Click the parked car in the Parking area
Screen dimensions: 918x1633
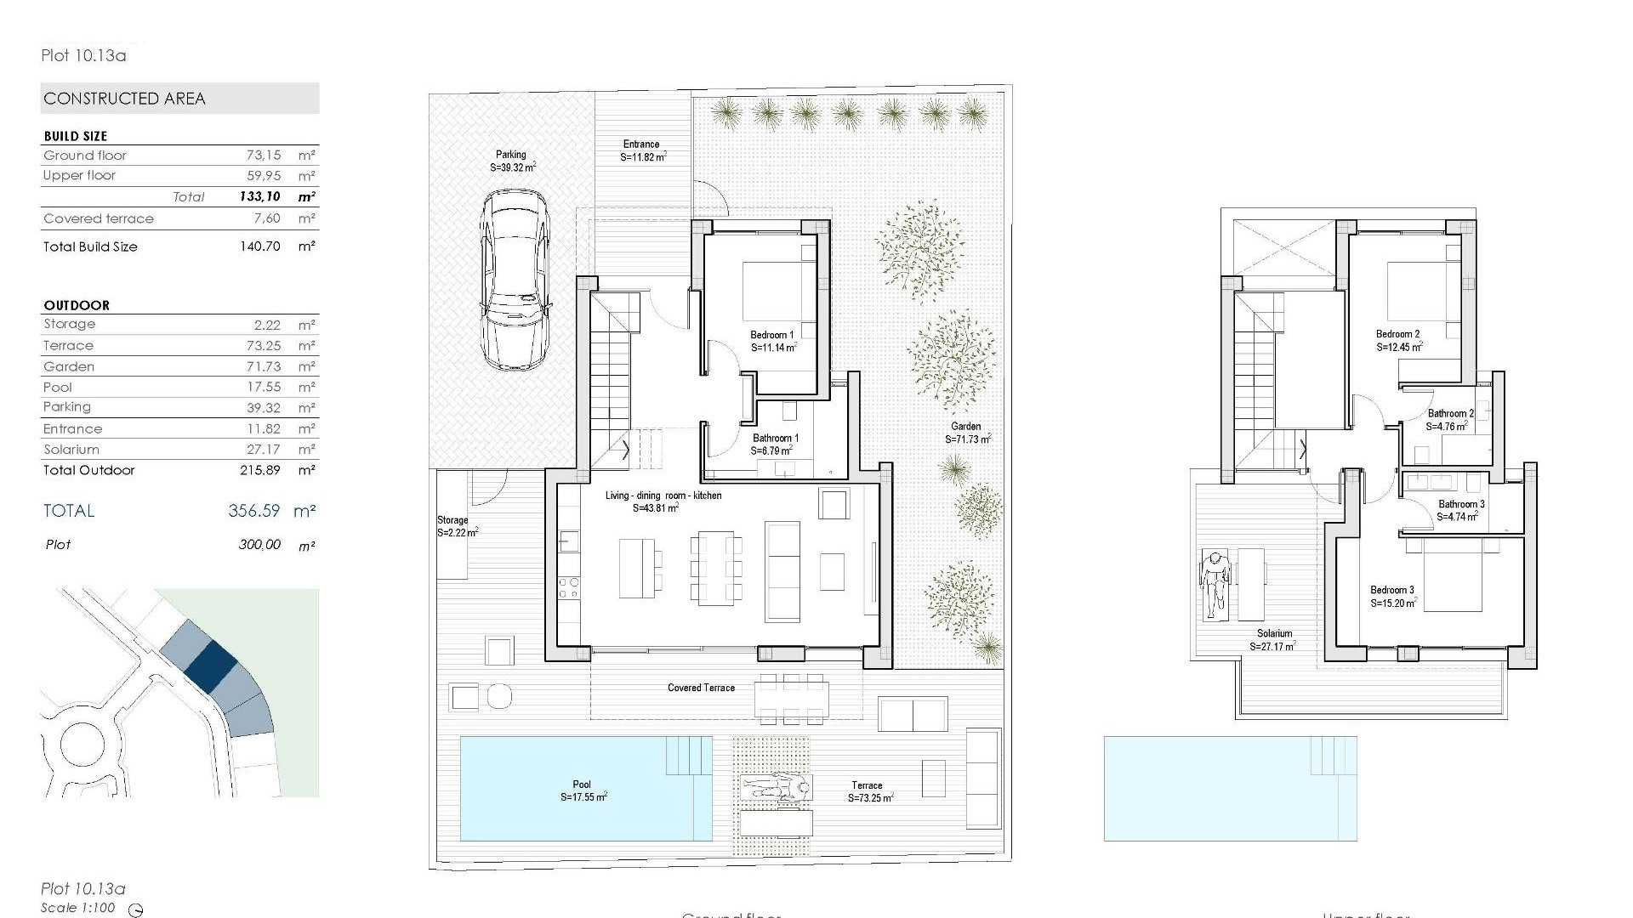(x=514, y=280)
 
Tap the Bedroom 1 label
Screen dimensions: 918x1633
(x=772, y=341)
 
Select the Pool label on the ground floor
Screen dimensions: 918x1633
(x=583, y=790)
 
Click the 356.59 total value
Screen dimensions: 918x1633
(x=253, y=511)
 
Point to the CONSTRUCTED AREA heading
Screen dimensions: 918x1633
(x=124, y=99)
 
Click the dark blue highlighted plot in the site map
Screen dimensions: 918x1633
(x=211, y=664)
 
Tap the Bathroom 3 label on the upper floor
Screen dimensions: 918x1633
(x=1460, y=510)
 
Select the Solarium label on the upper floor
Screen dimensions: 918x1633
(x=1273, y=639)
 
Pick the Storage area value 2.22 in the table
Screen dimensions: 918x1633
(x=266, y=325)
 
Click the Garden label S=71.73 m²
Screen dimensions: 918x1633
(x=966, y=433)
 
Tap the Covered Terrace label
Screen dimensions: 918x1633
(x=701, y=688)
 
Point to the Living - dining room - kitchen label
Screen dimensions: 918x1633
(x=663, y=501)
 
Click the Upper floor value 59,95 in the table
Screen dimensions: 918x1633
(x=264, y=176)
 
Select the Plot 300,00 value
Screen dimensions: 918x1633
(x=259, y=545)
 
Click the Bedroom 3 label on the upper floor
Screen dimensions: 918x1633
(x=1392, y=596)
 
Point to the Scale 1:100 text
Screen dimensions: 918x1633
(x=77, y=908)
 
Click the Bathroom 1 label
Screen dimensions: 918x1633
(x=775, y=445)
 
